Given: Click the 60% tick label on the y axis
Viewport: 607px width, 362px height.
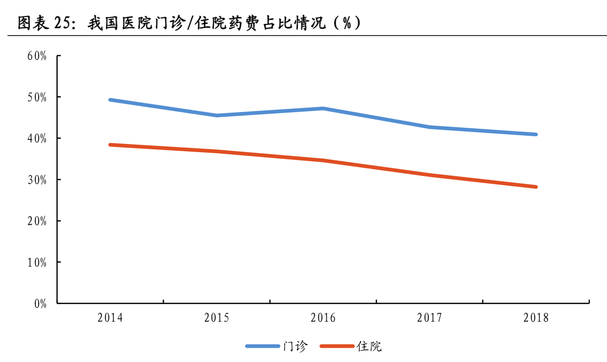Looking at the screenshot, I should (37, 56).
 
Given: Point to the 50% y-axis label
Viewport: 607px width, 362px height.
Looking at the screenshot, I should (37, 97).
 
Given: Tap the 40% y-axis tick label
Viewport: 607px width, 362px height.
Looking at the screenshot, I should (37, 138).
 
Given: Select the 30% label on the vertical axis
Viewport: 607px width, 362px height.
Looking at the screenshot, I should (37, 180).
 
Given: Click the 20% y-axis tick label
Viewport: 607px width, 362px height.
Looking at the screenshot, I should (37, 221).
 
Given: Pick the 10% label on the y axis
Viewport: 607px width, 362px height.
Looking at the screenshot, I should (37, 262).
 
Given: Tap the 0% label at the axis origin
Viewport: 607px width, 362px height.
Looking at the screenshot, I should (40, 304).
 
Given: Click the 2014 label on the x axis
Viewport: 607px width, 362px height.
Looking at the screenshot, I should (110, 318).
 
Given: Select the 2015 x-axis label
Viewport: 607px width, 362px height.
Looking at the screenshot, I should (217, 318).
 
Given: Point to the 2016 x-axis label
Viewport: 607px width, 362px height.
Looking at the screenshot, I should (323, 318).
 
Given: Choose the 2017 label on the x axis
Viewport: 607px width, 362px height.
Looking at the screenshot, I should (429, 318).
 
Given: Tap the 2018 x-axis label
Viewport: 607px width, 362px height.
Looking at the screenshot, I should (536, 318).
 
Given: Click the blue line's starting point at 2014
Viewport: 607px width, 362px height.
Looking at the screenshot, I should (111, 100).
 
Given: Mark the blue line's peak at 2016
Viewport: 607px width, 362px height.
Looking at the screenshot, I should (323, 108).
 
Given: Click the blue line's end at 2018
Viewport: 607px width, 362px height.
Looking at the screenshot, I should (535, 134).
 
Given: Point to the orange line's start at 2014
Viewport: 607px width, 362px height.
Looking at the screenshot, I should (111, 145).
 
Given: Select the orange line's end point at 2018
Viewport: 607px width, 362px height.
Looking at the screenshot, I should (535, 187).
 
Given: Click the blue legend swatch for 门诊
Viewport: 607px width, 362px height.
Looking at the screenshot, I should (263, 346).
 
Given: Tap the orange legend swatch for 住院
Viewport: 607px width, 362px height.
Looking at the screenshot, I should (337, 346).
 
